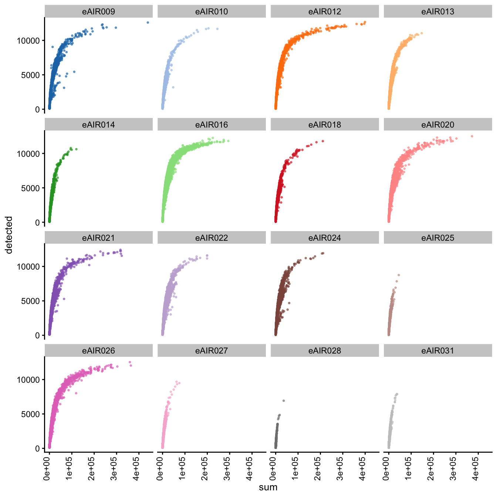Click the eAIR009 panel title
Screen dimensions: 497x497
click(98, 11)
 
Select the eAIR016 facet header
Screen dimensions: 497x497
click(212, 125)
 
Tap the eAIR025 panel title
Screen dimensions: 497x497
click(438, 238)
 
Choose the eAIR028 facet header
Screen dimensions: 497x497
click(325, 351)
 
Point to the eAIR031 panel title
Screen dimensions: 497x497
click(438, 351)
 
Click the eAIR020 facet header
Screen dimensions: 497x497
click(438, 125)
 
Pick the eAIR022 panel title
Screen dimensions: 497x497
click(212, 238)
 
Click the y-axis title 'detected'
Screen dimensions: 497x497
click(9, 235)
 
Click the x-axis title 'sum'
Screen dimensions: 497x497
click(268, 487)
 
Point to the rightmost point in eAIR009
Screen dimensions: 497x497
click(148, 23)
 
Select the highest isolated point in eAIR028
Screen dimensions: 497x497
click(284, 400)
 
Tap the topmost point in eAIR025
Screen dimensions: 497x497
click(399, 275)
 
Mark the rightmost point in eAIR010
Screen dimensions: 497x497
click(217, 29)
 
